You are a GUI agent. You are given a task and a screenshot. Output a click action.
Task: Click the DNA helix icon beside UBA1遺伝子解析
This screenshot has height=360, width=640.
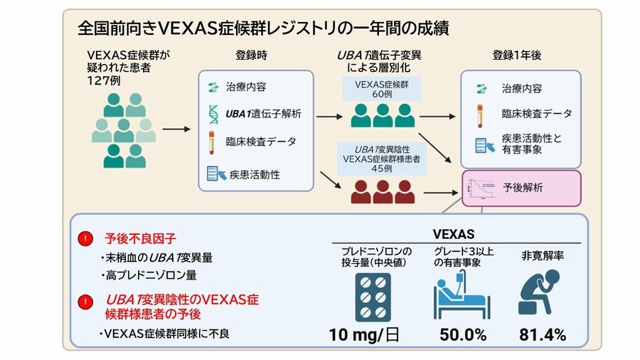(213, 114)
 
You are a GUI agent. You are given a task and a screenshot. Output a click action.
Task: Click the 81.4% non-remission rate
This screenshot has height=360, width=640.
(543, 334)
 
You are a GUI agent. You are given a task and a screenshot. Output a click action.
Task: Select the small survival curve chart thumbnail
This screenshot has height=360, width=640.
(479, 189)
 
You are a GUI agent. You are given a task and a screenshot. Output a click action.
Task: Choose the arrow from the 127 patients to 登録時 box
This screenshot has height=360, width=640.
(177, 129)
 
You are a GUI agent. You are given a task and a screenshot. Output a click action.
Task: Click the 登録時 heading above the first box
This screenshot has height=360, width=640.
(252, 55)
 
